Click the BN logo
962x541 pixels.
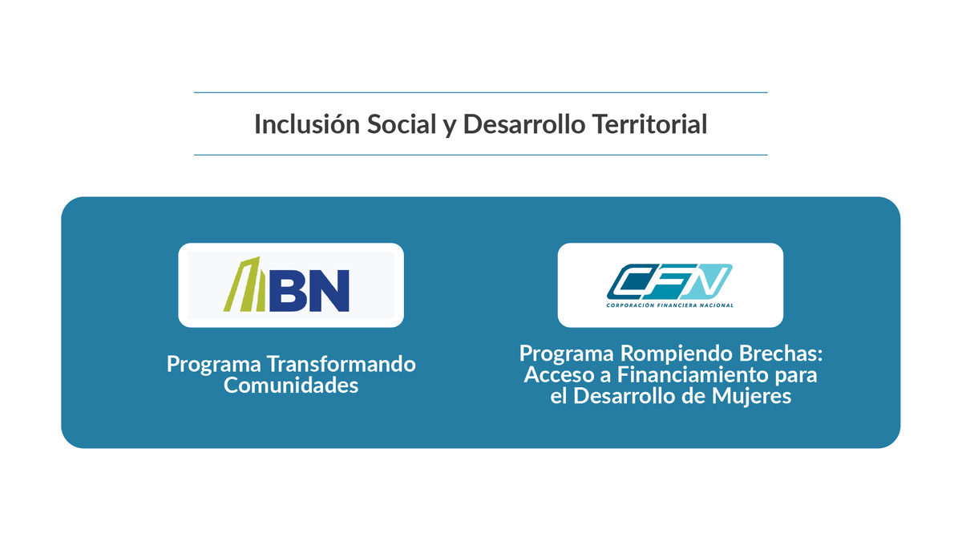point(290,285)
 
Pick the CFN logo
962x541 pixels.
point(669,285)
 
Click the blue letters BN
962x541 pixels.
point(309,290)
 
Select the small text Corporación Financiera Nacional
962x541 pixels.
point(669,305)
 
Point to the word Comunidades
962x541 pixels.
point(290,386)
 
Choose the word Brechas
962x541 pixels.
point(779,353)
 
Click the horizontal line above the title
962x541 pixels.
point(480,93)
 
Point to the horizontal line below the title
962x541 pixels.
point(480,155)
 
